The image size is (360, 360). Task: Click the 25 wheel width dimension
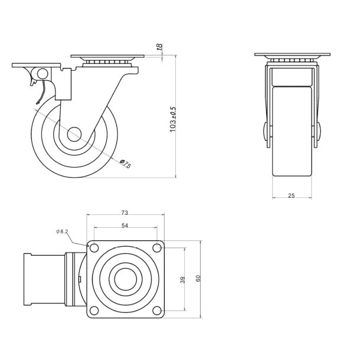click(x=292, y=196)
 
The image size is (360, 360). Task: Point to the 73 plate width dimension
click(x=125, y=212)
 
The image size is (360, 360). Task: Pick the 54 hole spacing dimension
click(x=125, y=226)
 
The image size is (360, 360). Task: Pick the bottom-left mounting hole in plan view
click(x=94, y=310)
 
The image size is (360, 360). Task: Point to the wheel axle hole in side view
click(x=74, y=134)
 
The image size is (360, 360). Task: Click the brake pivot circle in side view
click(x=41, y=74)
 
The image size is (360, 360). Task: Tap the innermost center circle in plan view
click(x=125, y=279)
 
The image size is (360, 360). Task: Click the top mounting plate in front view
click(x=292, y=55)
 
